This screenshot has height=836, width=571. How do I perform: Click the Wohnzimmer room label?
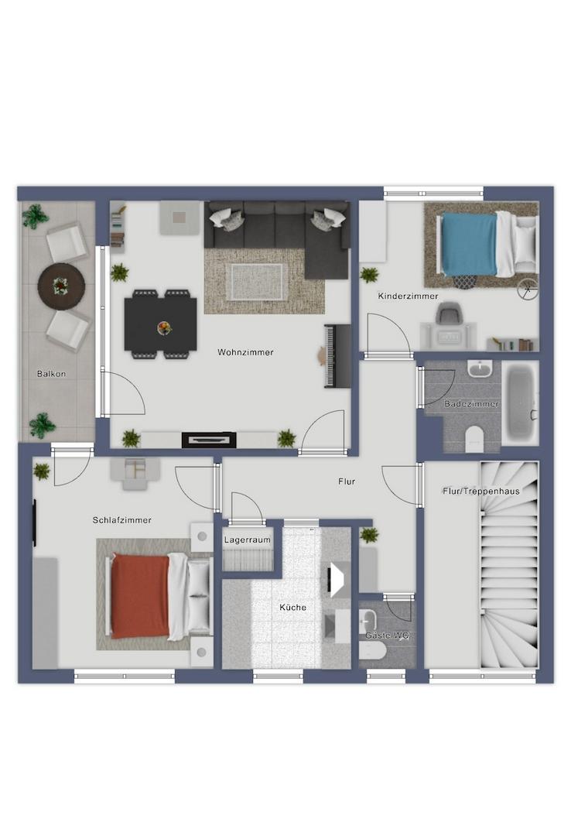click(245, 352)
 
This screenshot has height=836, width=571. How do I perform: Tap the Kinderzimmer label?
click(408, 296)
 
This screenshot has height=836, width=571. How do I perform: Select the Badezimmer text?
click(471, 404)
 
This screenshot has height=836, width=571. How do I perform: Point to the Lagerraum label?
click(247, 540)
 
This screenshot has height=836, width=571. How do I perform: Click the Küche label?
click(292, 608)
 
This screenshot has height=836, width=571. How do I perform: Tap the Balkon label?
click(51, 374)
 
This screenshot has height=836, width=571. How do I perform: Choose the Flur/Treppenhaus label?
click(481, 491)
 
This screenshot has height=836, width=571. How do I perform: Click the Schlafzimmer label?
click(122, 520)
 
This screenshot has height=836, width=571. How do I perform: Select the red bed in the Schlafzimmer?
click(161, 596)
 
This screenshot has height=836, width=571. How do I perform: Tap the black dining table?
click(160, 324)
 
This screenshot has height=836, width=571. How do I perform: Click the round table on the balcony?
click(61, 286)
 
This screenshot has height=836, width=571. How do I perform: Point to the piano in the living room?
click(337, 355)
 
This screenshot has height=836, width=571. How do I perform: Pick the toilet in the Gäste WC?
click(372, 652)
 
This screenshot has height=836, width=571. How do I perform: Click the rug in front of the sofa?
click(256, 282)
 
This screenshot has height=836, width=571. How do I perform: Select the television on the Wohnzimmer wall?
click(209, 440)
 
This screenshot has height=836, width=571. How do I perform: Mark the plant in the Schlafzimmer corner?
click(41, 471)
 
